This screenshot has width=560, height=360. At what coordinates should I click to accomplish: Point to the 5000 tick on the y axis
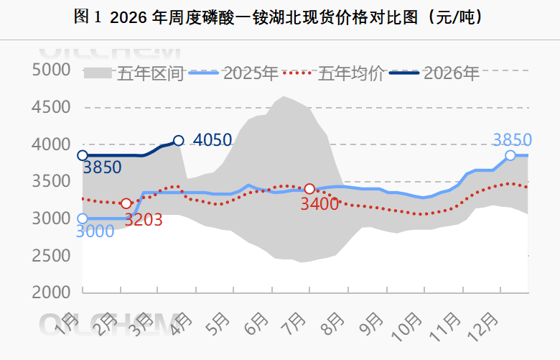click(x=51, y=70)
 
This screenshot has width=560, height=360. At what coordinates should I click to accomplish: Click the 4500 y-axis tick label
click(x=51, y=108)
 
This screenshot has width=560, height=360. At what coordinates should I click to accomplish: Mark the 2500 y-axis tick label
click(x=51, y=256)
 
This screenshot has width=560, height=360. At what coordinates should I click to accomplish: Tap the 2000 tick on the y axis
click(x=51, y=293)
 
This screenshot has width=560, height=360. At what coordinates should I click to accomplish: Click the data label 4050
click(x=213, y=140)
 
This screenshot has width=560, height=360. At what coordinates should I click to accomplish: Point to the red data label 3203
click(x=143, y=220)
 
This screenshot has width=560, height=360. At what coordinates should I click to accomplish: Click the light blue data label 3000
click(x=95, y=231)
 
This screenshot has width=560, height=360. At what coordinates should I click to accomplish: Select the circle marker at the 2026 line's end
click(x=178, y=141)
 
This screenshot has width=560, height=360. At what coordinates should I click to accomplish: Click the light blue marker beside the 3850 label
click(x=510, y=155)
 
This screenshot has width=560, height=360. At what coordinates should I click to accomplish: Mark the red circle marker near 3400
click(x=309, y=189)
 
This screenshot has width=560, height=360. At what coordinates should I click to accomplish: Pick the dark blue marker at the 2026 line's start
click(x=83, y=155)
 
